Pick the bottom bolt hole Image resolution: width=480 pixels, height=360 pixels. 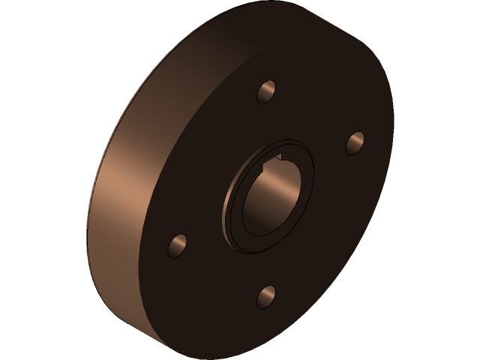[x=266, y=296]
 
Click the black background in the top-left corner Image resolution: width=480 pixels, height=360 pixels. [x=22, y=22]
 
